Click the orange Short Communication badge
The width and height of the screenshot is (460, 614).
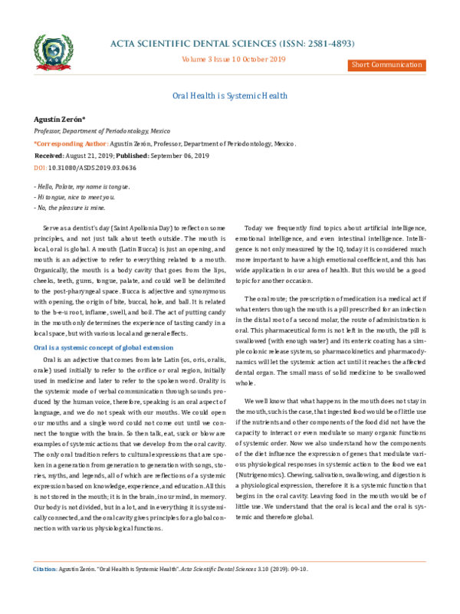click(387, 64)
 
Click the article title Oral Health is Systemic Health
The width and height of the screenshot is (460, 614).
click(229, 96)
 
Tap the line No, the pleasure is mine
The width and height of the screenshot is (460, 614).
click(65, 207)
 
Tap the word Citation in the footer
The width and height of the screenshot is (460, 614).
click(44, 591)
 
